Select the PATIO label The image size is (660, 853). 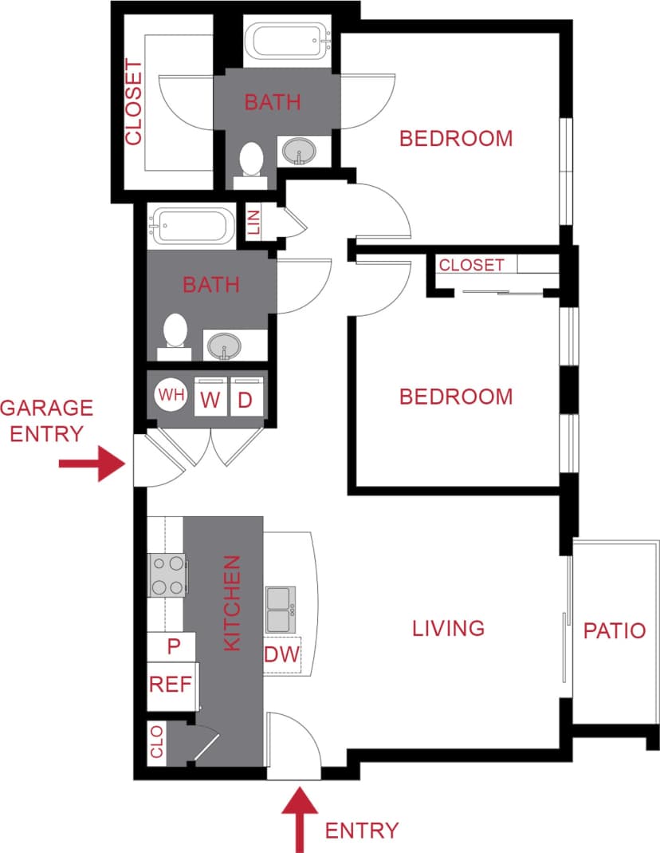(614, 630)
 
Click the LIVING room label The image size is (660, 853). (449, 628)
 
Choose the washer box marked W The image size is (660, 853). (210, 398)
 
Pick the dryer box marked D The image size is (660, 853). (246, 398)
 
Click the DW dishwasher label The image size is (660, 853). (281, 655)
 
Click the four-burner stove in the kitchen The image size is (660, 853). (167, 575)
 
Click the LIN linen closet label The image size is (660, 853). (254, 221)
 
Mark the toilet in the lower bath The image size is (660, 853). (175, 333)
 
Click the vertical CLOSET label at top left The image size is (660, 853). (133, 103)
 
